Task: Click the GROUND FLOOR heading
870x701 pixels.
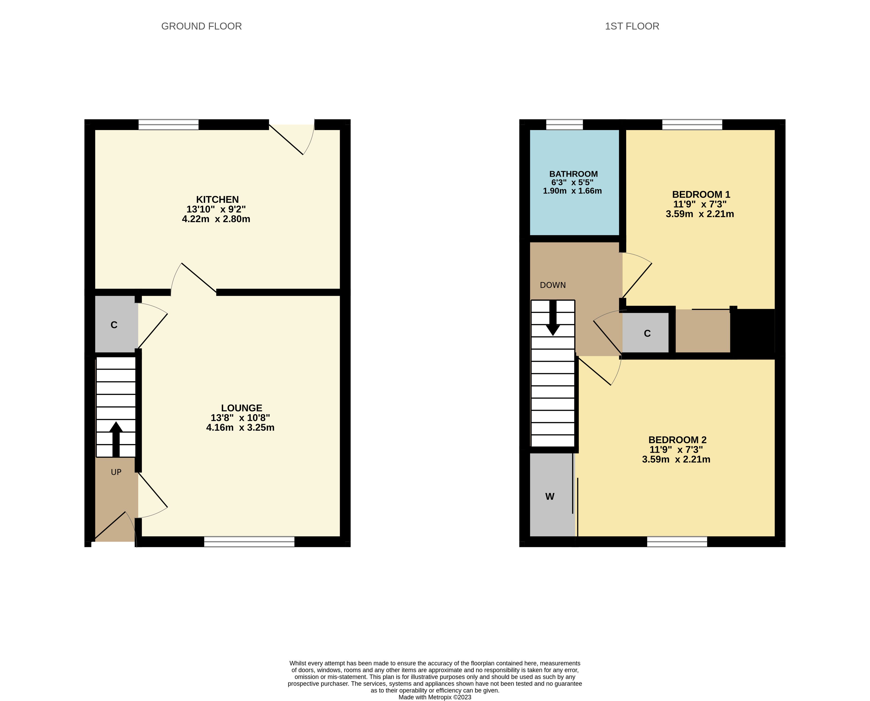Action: pyautogui.click(x=201, y=26)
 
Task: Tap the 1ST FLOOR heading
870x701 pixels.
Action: pyautogui.click(x=632, y=26)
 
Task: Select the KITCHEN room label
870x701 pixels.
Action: pyautogui.click(x=217, y=200)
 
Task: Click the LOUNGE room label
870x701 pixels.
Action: pyautogui.click(x=241, y=408)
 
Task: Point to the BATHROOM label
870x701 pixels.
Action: pyautogui.click(x=573, y=174)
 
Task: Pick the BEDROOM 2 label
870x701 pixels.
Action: pyautogui.click(x=677, y=440)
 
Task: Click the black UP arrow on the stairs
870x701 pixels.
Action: pyautogui.click(x=116, y=439)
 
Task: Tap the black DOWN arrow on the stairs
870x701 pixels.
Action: pyautogui.click(x=553, y=318)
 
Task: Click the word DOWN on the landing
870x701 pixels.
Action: pyautogui.click(x=553, y=285)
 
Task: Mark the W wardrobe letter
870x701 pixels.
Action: pyautogui.click(x=550, y=497)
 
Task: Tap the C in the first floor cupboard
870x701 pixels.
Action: pyautogui.click(x=647, y=333)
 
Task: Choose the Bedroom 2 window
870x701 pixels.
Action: pyautogui.click(x=677, y=541)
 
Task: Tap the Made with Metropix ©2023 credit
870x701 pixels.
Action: pyautogui.click(x=435, y=697)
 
